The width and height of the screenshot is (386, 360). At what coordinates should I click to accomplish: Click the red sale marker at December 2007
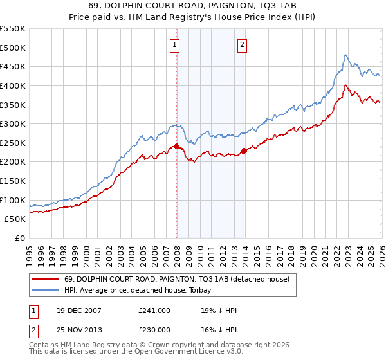[177, 147]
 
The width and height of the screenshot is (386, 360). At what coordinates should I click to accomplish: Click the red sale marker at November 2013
[244, 151]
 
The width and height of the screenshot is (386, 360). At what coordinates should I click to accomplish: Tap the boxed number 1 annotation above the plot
[174, 44]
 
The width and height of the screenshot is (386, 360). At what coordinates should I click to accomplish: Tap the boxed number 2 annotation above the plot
[242, 44]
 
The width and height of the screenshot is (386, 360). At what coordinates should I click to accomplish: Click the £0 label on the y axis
[19, 238]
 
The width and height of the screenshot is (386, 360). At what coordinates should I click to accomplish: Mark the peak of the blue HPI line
[345, 55]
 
